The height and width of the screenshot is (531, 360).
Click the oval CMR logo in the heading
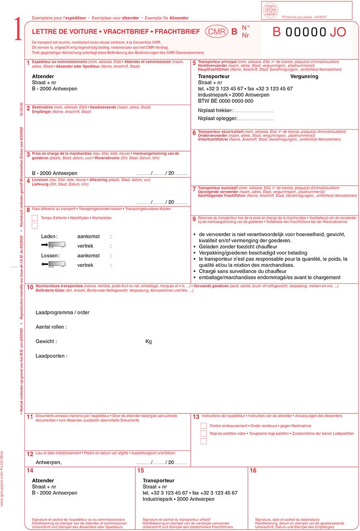215,32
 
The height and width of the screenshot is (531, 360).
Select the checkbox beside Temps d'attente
35,218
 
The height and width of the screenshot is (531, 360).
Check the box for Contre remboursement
203,425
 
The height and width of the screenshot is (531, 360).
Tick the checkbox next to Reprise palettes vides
203,433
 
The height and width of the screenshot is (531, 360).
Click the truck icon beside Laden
51,244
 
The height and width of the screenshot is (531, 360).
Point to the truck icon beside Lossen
51,264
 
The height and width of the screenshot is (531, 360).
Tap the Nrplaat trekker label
215,111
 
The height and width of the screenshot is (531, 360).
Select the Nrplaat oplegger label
217,119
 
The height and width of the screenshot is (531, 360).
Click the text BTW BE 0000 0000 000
225,100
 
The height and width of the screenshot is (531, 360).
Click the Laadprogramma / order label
62,313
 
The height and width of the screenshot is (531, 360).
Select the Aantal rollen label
51,327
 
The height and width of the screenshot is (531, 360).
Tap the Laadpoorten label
51,356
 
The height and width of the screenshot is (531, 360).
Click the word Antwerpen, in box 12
48,462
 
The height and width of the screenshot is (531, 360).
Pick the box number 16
253,471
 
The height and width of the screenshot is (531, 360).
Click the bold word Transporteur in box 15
159,480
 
